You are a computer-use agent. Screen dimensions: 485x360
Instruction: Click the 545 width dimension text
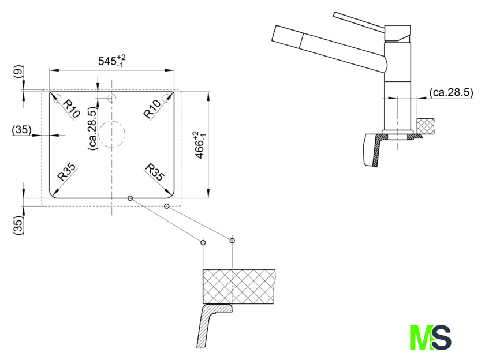click(111, 61)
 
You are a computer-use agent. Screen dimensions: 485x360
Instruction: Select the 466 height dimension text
click(200, 145)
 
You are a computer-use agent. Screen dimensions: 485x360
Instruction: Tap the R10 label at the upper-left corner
click(72, 109)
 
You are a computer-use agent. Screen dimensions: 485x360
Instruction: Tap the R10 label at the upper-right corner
click(152, 109)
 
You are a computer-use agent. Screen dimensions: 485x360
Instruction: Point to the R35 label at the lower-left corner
click(66, 172)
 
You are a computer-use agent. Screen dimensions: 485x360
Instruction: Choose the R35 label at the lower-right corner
click(154, 172)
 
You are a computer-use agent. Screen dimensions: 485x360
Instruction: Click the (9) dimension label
click(18, 72)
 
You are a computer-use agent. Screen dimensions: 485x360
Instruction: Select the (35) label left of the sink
click(22, 129)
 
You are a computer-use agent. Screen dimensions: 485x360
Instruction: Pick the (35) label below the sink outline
click(18, 225)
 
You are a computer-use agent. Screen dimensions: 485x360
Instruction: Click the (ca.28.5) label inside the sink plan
click(92, 129)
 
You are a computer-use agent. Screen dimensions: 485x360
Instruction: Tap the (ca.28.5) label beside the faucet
click(452, 92)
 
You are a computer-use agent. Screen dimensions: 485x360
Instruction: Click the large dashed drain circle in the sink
click(112, 134)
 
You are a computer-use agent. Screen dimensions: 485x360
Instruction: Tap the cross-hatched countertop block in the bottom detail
click(239, 287)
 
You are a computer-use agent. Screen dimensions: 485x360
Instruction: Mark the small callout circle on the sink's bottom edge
click(130, 198)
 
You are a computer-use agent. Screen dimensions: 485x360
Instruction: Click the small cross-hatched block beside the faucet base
click(426, 126)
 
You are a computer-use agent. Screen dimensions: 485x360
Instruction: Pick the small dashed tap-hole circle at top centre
click(111, 98)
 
